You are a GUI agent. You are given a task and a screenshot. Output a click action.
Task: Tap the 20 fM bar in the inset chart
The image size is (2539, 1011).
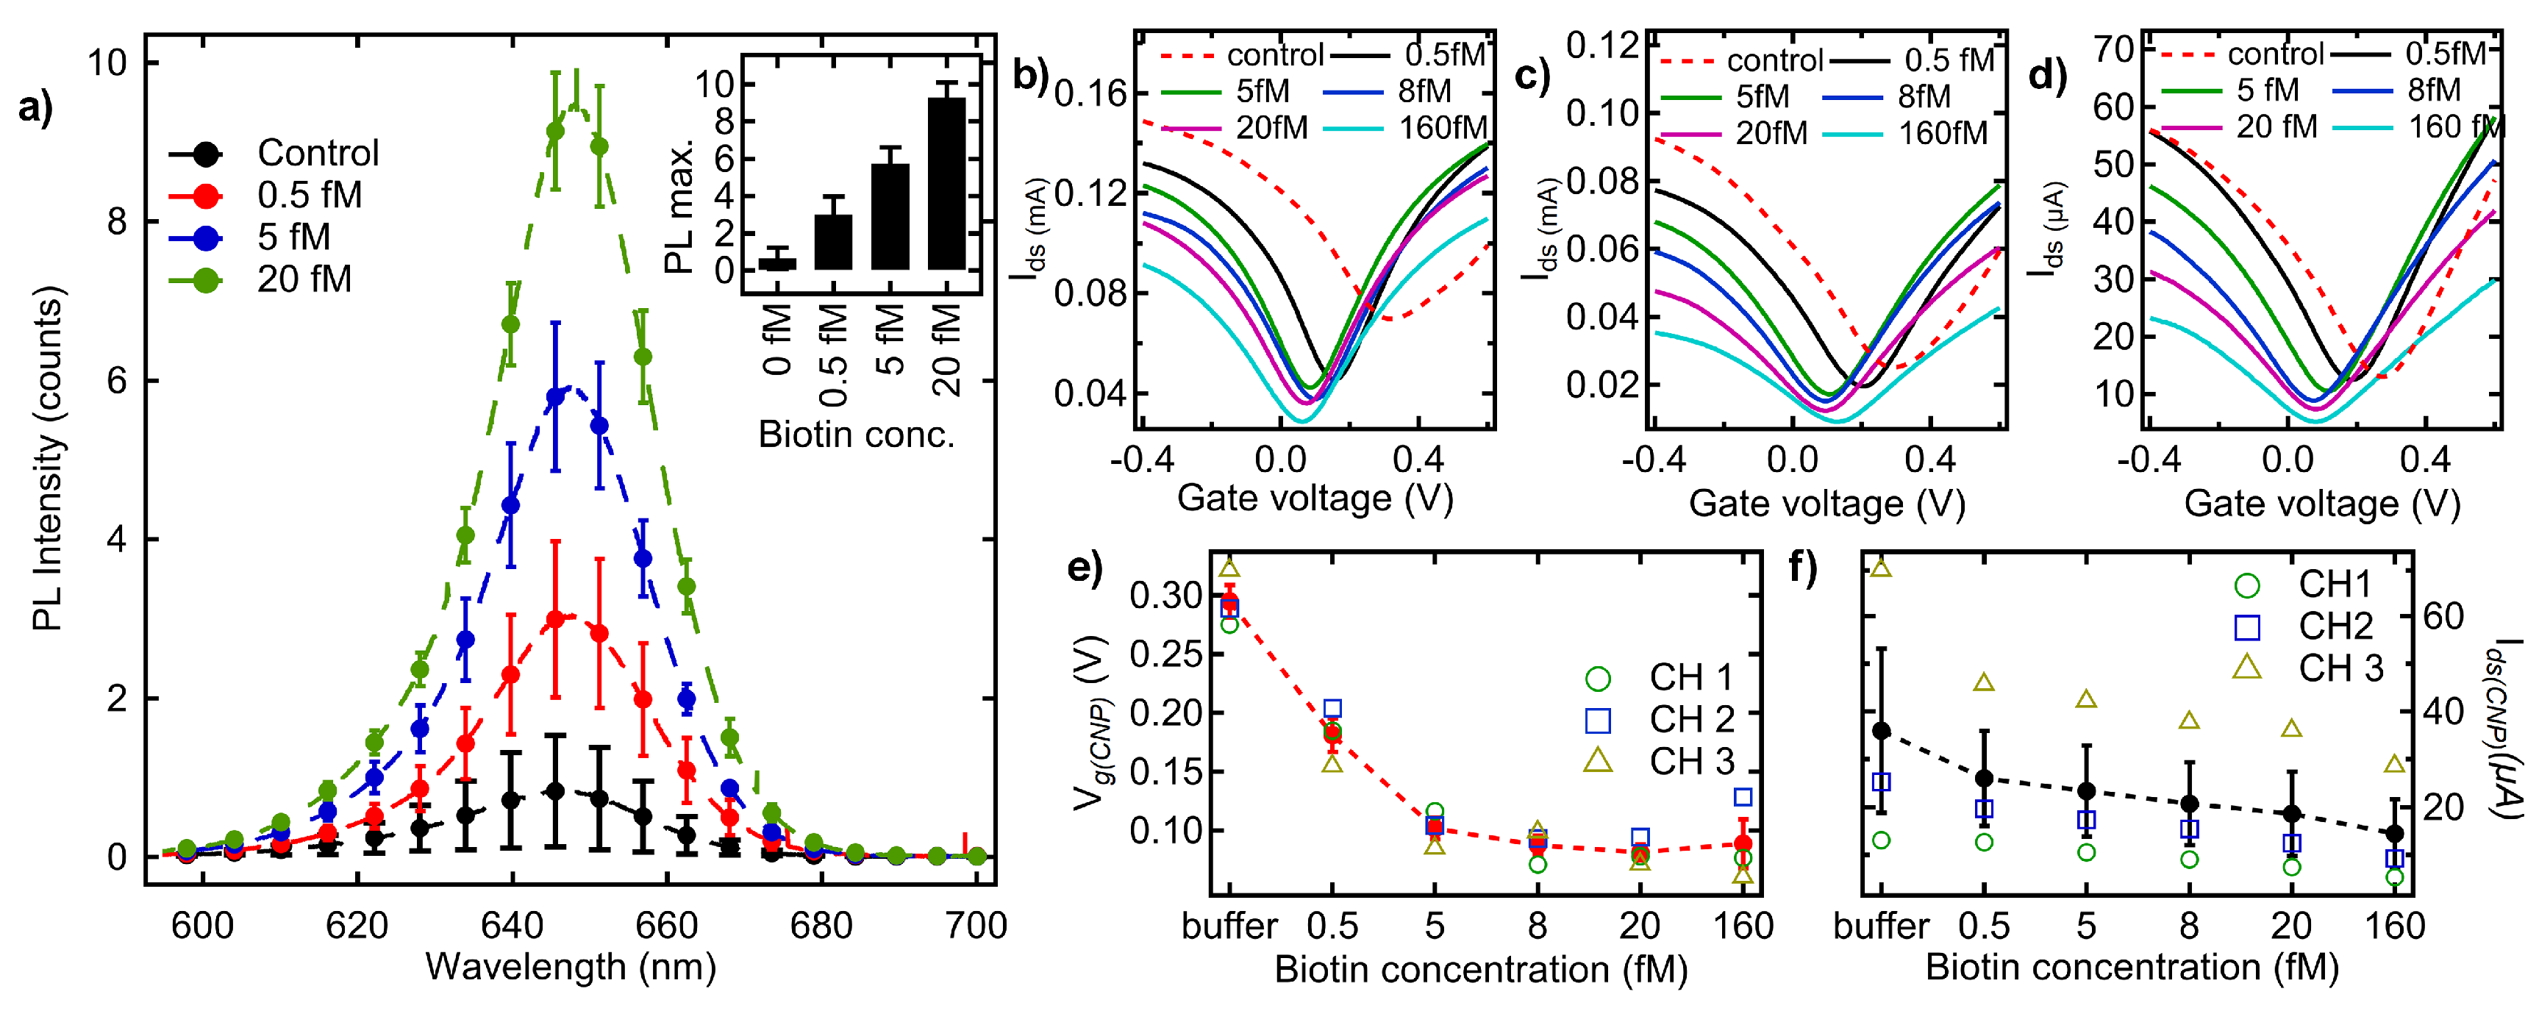click(946, 183)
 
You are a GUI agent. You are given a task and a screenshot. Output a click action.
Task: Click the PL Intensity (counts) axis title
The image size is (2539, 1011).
click(46, 458)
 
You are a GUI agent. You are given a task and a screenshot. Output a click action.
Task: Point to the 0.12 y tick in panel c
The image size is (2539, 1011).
click(1601, 46)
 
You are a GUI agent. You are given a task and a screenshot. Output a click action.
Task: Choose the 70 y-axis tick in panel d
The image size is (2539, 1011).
click(2113, 49)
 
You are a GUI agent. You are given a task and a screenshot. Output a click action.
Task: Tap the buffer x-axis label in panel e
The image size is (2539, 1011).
click(1229, 926)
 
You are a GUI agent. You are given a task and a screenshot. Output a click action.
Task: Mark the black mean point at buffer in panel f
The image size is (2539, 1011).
click(1881, 730)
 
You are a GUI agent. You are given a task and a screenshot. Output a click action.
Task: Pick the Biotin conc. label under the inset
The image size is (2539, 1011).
click(857, 435)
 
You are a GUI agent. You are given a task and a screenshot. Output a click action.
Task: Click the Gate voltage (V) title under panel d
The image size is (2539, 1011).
click(2322, 504)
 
